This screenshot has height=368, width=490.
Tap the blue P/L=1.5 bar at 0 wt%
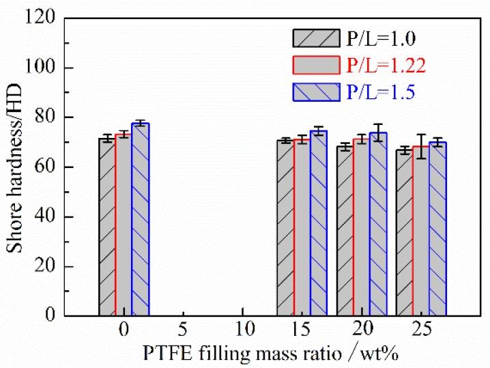141,219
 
